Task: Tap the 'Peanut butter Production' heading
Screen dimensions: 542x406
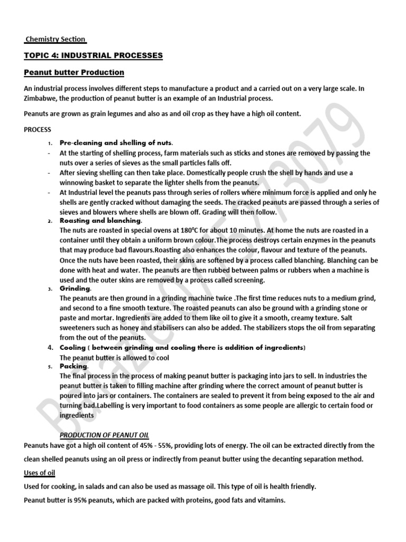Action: pyautogui.click(x=74, y=72)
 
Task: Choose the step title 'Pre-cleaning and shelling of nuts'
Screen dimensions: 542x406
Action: pyautogui.click(x=116, y=143)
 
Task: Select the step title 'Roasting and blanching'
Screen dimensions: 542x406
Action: pyautogui.click(x=100, y=220)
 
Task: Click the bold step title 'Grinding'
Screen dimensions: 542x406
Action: pyautogui.click(x=75, y=288)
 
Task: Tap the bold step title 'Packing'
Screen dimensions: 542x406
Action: pyautogui.click(x=73, y=366)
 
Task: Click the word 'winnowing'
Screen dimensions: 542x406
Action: pyautogui.click(x=77, y=182)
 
